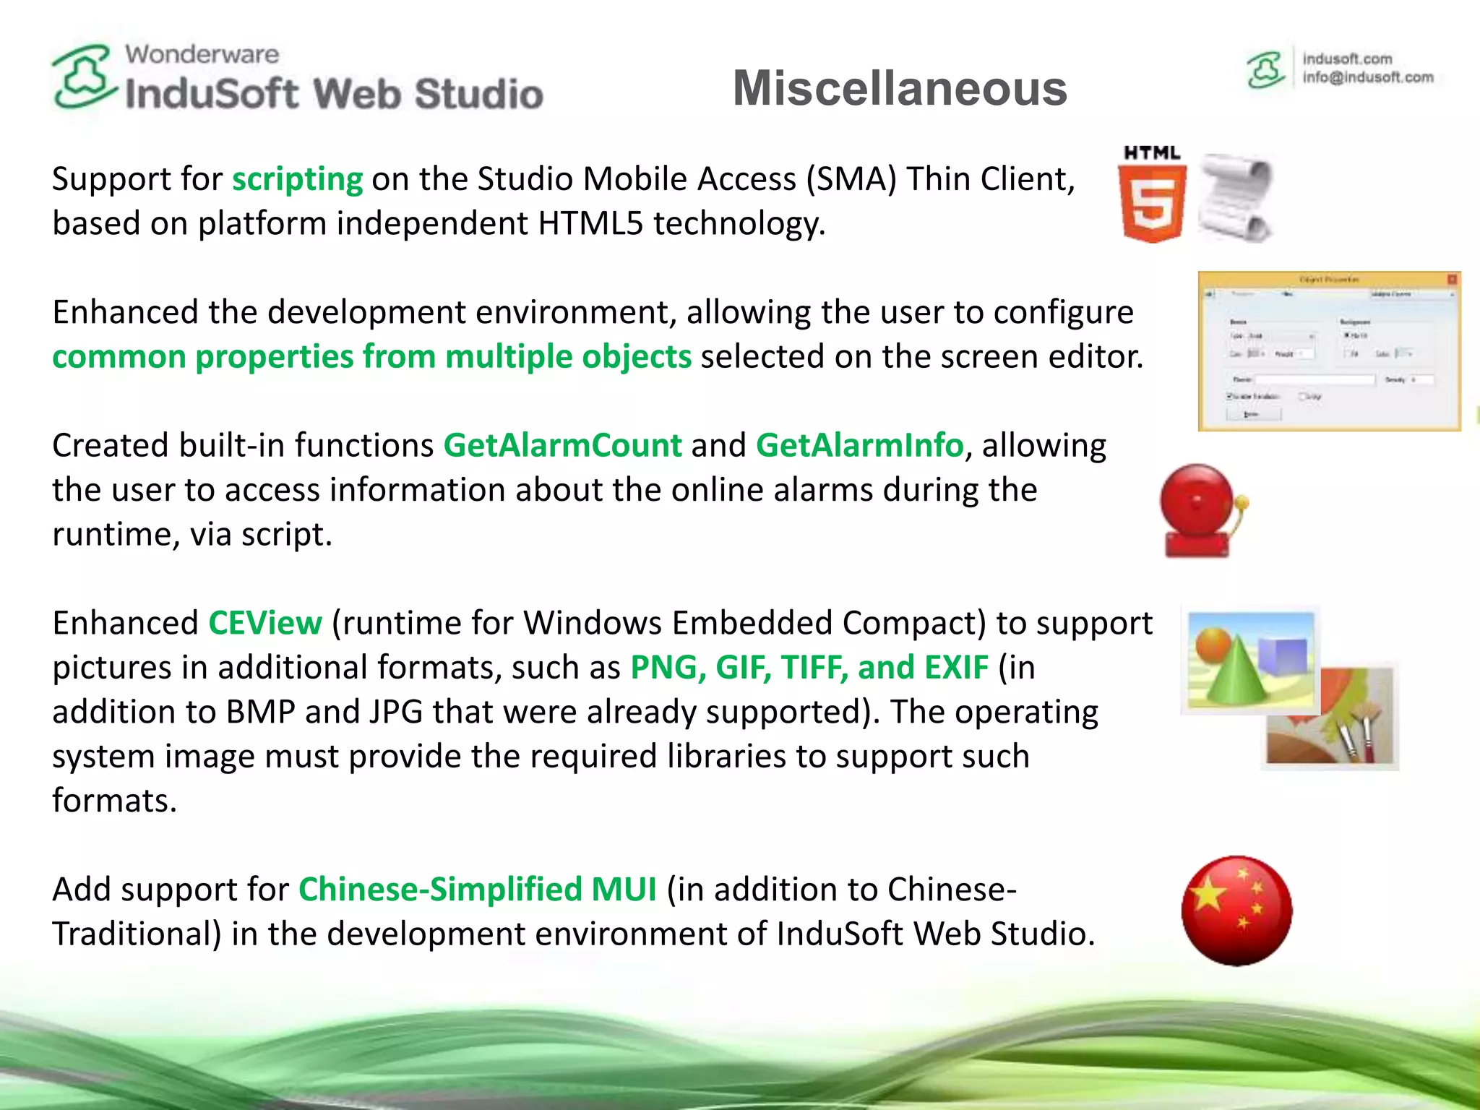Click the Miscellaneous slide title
[x=900, y=88]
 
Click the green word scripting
[x=297, y=179]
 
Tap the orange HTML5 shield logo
[x=1152, y=203]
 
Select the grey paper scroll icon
[x=1236, y=197]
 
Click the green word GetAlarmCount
[x=562, y=445]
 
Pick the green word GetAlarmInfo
[x=859, y=445]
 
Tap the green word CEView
[x=264, y=623]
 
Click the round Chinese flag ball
[x=1236, y=911]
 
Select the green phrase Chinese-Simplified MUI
[x=477, y=890]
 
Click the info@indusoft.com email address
[x=1367, y=77]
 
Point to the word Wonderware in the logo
[x=202, y=54]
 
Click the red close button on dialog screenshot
[x=1452, y=279]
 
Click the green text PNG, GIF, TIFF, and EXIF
[x=809, y=667]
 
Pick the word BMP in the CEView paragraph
[x=260, y=712]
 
